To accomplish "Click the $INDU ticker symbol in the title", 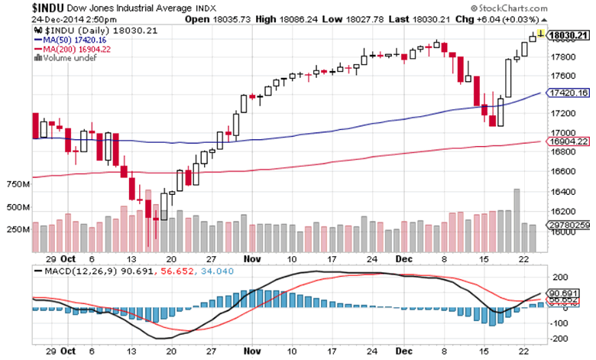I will [50, 7].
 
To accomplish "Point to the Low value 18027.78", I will [377, 19].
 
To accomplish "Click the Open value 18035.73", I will [240, 19].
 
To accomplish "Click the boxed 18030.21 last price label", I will [568, 34].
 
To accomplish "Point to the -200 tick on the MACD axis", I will [559, 337].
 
